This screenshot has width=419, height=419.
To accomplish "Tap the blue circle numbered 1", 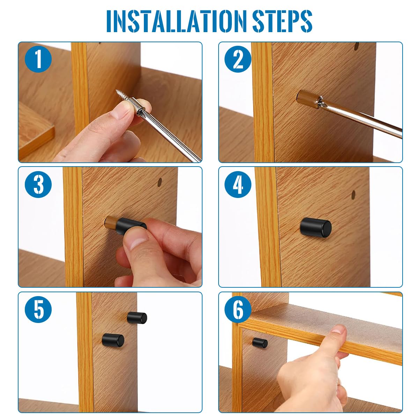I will pos(38,59).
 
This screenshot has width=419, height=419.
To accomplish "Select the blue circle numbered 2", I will pos(238,59).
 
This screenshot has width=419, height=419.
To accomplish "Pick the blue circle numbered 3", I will pos(38,184).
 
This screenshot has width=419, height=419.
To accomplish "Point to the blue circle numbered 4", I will pos(238,184).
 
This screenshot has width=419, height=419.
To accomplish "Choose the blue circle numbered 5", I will pos(38,309).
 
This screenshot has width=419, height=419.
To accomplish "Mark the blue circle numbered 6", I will pos(238,309).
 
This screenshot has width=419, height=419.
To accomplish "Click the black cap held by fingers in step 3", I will pos(131,225).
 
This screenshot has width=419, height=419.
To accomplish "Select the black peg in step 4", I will pos(316,227).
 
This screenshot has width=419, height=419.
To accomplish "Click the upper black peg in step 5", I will pos(137,317).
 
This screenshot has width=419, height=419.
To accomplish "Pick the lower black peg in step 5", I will pos(113,340).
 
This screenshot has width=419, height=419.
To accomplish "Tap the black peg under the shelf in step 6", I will pos(260,343).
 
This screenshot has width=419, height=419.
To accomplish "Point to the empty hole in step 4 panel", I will pos(353,193).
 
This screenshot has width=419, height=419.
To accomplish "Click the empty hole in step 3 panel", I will pos(160,182).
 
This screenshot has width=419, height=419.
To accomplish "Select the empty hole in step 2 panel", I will pos(356,46).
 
